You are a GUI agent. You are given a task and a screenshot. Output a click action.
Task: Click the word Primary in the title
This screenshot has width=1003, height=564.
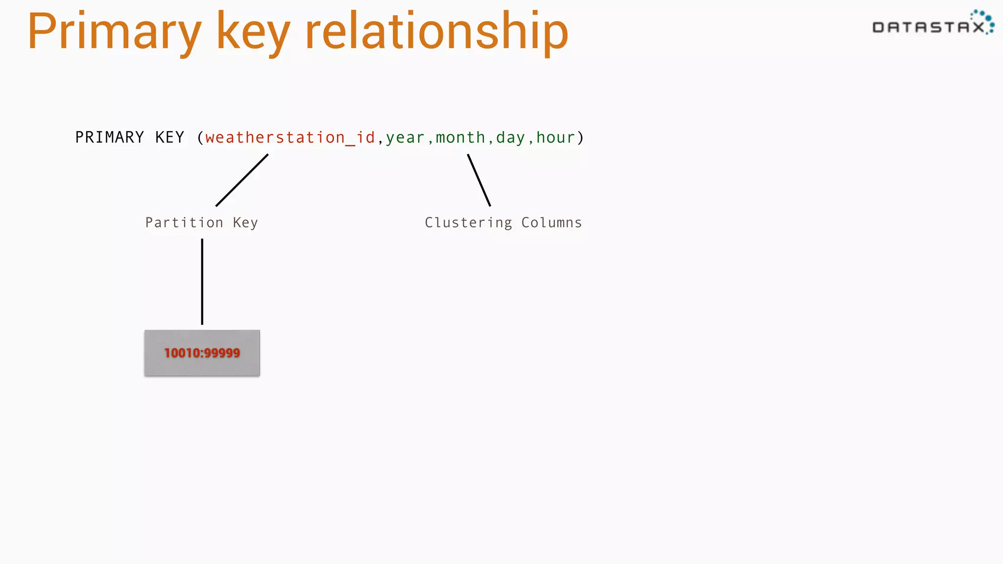point(114,32)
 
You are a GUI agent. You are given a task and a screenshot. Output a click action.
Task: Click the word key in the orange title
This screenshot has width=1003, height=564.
point(253,32)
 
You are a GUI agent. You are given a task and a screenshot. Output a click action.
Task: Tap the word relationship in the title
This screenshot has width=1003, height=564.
point(436,32)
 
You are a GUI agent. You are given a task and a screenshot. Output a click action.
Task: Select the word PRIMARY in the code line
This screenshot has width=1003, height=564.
point(110,138)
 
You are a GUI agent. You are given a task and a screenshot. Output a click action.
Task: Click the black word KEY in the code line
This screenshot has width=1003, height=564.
point(169,138)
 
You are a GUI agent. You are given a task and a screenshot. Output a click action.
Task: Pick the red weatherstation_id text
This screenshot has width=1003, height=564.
point(290,138)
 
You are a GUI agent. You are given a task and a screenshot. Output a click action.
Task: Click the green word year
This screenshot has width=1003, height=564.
point(405,138)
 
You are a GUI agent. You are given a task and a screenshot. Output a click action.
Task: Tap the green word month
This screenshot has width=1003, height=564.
point(460,138)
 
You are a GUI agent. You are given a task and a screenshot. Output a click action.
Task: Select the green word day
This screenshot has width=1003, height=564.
point(510,138)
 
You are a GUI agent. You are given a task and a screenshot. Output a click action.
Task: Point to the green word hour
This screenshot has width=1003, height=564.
point(555,138)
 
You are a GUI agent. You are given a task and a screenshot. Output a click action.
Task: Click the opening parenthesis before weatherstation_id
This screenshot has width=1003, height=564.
point(200,138)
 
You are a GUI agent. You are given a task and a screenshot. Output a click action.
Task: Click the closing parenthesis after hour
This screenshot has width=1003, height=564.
point(580,138)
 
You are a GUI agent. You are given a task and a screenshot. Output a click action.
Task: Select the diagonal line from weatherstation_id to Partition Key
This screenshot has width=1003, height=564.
point(242,180)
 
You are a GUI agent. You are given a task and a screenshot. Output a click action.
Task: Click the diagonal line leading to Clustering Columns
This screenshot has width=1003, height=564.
point(479,180)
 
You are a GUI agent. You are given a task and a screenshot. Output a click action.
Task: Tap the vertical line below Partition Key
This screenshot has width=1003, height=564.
point(202,282)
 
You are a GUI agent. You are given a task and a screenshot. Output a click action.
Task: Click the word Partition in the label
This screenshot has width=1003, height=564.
point(184,223)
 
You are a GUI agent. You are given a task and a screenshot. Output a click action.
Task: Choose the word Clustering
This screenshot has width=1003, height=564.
point(468,223)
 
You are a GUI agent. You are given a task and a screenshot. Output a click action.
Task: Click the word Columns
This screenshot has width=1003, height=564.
point(551,223)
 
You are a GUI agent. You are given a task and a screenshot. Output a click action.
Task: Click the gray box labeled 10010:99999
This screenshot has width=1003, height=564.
point(202,353)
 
